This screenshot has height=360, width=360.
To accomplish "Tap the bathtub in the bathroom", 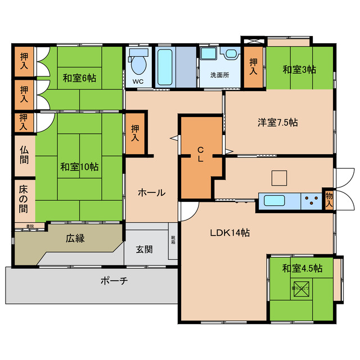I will (x=165, y=67).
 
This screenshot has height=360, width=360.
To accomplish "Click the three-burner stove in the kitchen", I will (x=310, y=201).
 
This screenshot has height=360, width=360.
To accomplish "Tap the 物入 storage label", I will (x=328, y=200).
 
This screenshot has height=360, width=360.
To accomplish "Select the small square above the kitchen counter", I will (x=279, y=177).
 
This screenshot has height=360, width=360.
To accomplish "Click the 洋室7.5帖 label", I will (x=277, y=122).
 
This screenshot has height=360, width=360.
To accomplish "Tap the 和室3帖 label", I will (x=299, y=70).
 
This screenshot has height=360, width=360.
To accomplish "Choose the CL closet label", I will (x=200, y=154).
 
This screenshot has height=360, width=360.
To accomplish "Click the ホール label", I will (x=151, y=192).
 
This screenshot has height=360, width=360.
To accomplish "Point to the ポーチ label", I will (x=114, y=281).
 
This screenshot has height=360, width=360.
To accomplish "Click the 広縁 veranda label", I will (x=75, y=238).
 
